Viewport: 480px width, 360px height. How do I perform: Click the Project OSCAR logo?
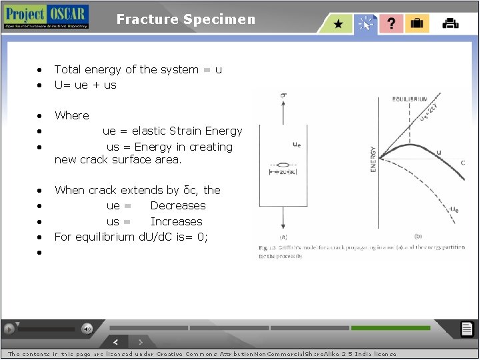[45, 17]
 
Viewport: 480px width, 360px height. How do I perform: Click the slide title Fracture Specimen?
[185, 19]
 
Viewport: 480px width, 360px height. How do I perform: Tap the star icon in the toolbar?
[339, 24]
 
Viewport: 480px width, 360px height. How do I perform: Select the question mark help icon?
[391, 24]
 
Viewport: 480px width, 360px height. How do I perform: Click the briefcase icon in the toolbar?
[417, 24]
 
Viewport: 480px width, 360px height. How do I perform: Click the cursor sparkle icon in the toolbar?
[365, 24]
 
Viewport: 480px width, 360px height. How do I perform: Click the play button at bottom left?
[9, 329]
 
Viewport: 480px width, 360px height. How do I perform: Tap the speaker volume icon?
[87, 329]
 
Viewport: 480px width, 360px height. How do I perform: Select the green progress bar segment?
[390, 328]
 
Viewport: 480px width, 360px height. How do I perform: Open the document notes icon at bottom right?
[467, 329]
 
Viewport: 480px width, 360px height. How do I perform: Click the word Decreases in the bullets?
[177, 205]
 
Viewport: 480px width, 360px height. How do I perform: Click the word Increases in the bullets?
[176, 221]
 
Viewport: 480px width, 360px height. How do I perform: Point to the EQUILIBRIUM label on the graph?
[410, 99]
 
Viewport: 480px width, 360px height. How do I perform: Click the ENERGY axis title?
[373, 160]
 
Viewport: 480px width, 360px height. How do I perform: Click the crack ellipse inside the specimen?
[283, 164]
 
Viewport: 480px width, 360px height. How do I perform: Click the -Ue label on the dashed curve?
[453, 209]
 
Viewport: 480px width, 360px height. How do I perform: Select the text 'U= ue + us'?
[85, 85]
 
